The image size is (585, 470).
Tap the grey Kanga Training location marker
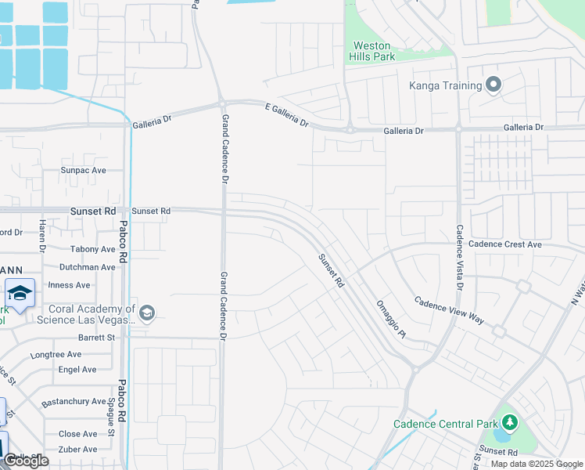click(493, 85)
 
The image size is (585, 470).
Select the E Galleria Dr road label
click(287, 115)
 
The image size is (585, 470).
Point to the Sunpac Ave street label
click(83, 170)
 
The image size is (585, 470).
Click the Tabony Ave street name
click(92, 250)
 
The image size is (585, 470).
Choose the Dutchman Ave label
click(88, 267)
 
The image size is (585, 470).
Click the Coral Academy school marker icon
click(146, 314)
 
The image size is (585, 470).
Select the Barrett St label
click(96, 338)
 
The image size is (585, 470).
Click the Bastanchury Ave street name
click(74, 402)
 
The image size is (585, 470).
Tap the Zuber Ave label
click(78, 450)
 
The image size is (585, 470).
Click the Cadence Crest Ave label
click(504, 244)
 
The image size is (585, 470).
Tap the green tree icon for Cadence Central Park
click(510, 423)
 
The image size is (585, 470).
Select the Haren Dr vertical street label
click(42, 236)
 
